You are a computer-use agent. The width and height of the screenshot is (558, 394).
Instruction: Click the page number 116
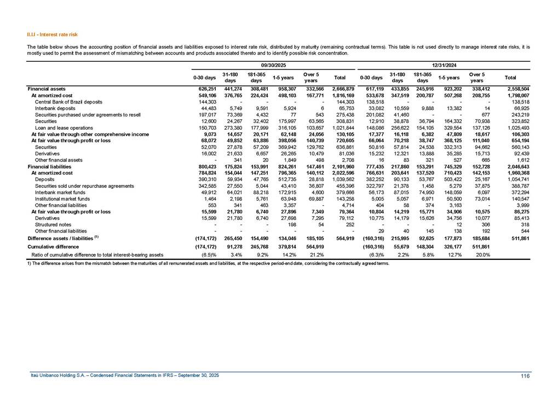click(x=527, y=374)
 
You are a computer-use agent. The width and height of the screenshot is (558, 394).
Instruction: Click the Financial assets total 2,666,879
click(x=343, y=88)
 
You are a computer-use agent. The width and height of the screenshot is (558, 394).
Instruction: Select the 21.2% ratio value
click(x=314, y=239)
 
